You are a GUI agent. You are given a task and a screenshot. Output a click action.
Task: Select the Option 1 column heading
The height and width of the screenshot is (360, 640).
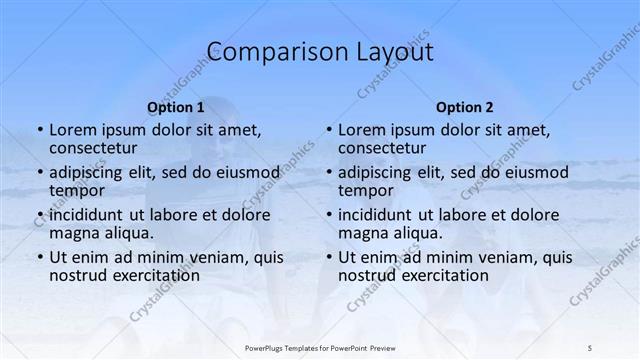tap(175, 107)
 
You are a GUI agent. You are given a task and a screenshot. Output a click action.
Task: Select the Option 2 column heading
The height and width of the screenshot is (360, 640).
tap(464, 107)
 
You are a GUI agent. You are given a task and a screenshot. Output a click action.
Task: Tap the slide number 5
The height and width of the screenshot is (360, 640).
tap(590, 347)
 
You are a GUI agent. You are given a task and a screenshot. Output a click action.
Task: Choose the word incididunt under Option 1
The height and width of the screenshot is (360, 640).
tap(94, 214)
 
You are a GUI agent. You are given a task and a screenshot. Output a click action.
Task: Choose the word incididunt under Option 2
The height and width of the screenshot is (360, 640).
tap(383, 214)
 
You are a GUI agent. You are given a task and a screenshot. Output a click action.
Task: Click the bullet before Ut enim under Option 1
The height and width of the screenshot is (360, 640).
tap(39, 257)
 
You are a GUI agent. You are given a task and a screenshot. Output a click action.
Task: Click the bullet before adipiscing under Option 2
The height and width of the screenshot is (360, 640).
tap(328, 172)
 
